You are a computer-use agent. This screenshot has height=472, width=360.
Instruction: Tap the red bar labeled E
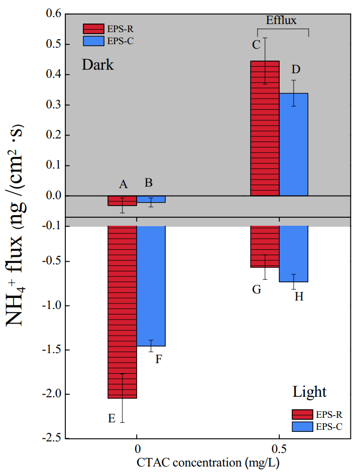point(122,311)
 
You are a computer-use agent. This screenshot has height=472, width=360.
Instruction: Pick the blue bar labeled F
point(151,286)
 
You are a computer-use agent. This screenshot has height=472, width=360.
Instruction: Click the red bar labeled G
point(265,246)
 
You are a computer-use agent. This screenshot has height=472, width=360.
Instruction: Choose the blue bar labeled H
point(294,254)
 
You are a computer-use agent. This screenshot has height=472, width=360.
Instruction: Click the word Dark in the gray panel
point(98,65)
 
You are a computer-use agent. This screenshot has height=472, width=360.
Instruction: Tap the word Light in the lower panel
point(310,392)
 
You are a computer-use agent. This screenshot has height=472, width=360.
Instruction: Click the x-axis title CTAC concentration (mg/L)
point(207,461)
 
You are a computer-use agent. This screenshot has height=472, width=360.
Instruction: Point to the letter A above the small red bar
point(123,184)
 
